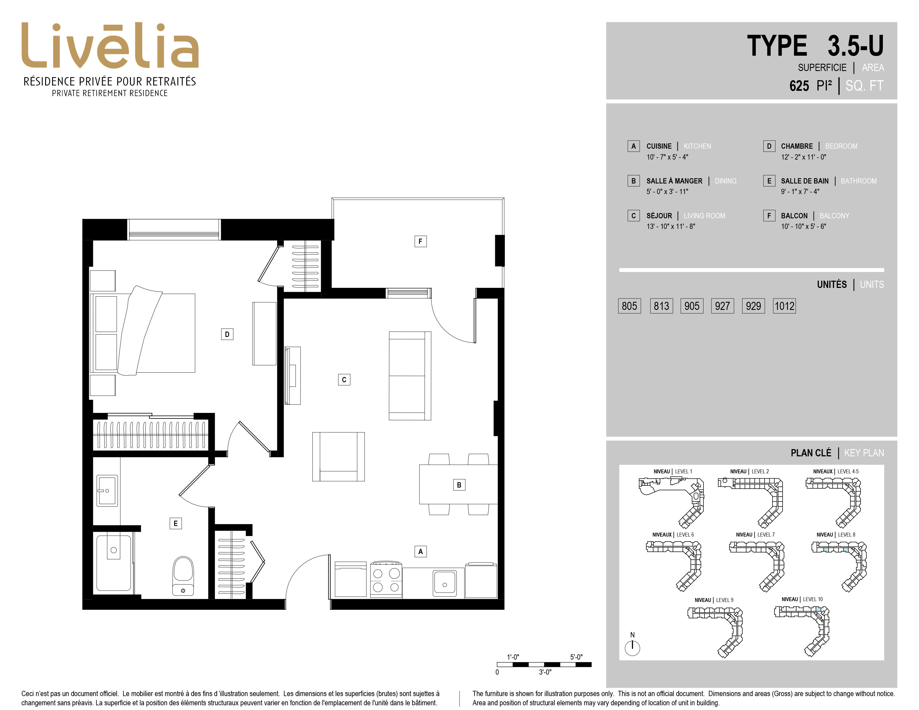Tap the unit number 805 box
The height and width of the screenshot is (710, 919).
[629, 306]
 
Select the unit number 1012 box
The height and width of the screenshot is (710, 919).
[784, 306]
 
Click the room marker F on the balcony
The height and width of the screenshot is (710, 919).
[420, 241]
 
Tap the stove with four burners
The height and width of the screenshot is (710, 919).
[386, 580]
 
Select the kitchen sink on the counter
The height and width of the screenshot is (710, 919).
[445, 583]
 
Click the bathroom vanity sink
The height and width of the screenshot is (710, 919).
[107, 490]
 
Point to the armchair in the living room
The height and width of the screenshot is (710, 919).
[338, 456]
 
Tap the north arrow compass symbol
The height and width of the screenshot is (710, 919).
[632, 647]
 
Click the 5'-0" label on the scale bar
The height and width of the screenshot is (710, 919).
[576, 657]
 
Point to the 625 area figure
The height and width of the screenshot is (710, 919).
[799, 86]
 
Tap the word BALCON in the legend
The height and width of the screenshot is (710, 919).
[794, 216]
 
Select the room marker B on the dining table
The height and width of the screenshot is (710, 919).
[459, 485]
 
